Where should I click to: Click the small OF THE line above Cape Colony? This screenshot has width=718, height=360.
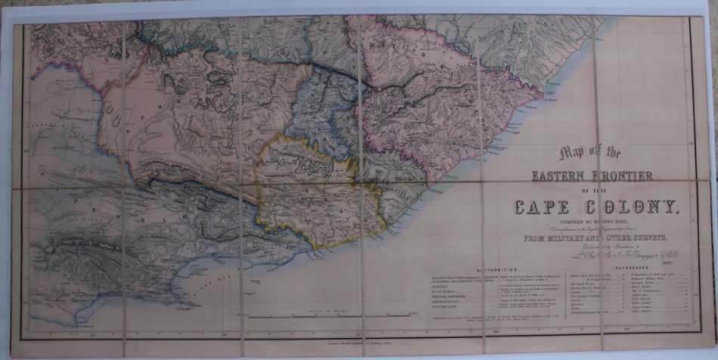591,191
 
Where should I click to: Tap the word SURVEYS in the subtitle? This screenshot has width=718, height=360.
645,237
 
